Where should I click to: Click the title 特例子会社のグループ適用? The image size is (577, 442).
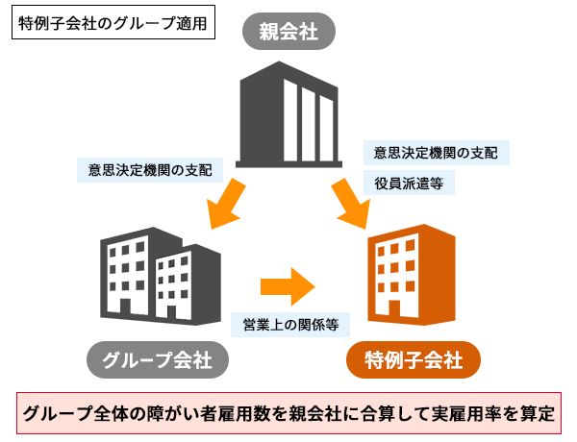[x=113, y=22]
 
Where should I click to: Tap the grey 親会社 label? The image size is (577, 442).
[x=288, y=34]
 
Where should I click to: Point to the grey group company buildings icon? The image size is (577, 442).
[x=144, y=274]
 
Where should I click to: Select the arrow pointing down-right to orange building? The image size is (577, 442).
[x=352, y=203]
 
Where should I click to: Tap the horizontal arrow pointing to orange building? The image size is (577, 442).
[x=288, y=285]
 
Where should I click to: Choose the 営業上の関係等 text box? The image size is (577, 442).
[x=289, y=325]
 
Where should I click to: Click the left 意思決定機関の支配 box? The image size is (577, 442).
[x=149, y=170]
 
